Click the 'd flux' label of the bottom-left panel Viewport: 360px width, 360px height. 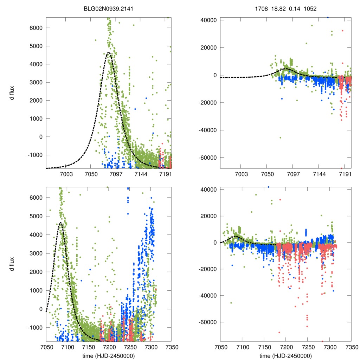12,264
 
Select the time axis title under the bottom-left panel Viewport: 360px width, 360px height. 109,355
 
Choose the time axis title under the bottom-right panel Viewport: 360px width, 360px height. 286,355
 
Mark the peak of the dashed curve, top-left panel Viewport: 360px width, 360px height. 109,53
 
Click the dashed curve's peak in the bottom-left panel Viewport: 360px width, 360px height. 60,223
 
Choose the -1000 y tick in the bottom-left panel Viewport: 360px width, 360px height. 34,328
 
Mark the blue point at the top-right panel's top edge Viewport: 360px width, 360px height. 328,17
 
